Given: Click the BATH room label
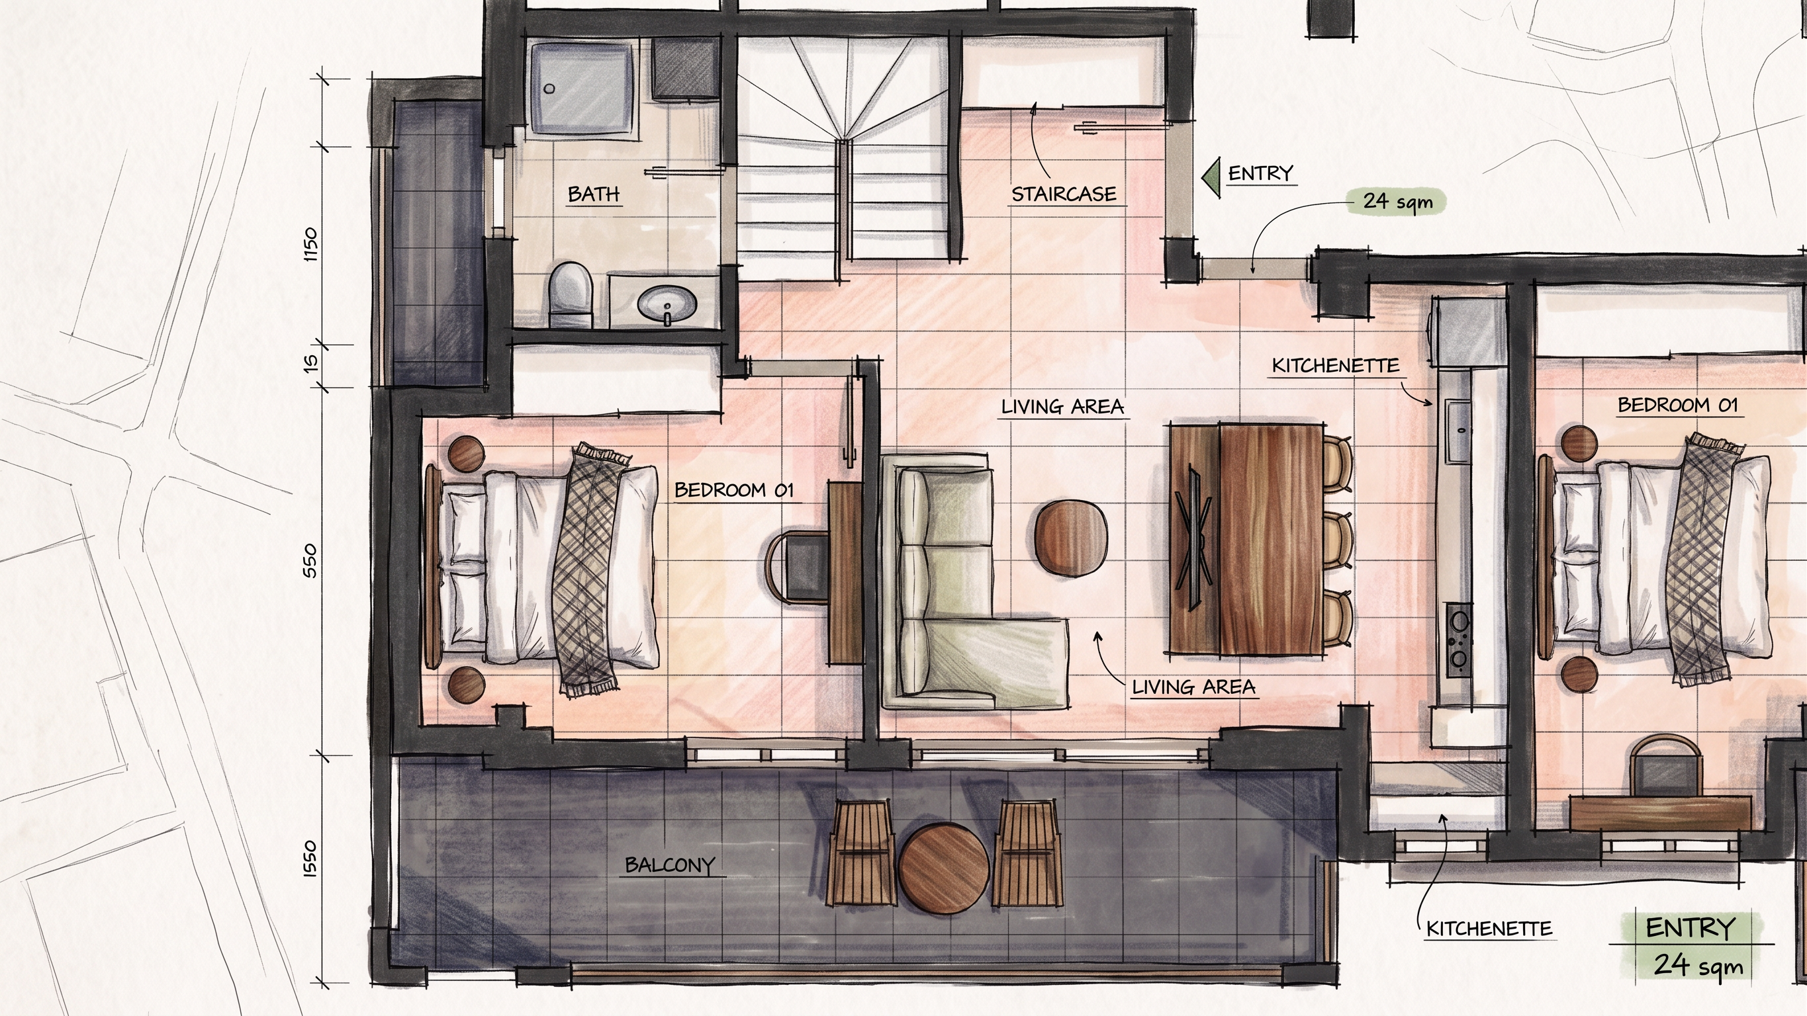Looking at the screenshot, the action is (594, 194).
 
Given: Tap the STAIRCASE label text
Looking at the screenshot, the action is (1064, 194).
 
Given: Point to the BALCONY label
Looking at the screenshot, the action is (669, 865).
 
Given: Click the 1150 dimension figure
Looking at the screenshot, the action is (310, 245).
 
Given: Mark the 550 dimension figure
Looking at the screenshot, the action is (310, 561).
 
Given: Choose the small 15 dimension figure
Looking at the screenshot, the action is (310, 362).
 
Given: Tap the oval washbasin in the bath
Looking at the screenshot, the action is (667, 304).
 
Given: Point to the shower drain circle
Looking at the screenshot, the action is (550, 89).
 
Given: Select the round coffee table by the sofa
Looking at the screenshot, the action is (1071, 538).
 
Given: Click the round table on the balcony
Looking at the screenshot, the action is (943, 868).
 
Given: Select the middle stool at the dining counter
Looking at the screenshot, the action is (1338, 540).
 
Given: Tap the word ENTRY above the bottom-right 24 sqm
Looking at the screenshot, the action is (1689, 927).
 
